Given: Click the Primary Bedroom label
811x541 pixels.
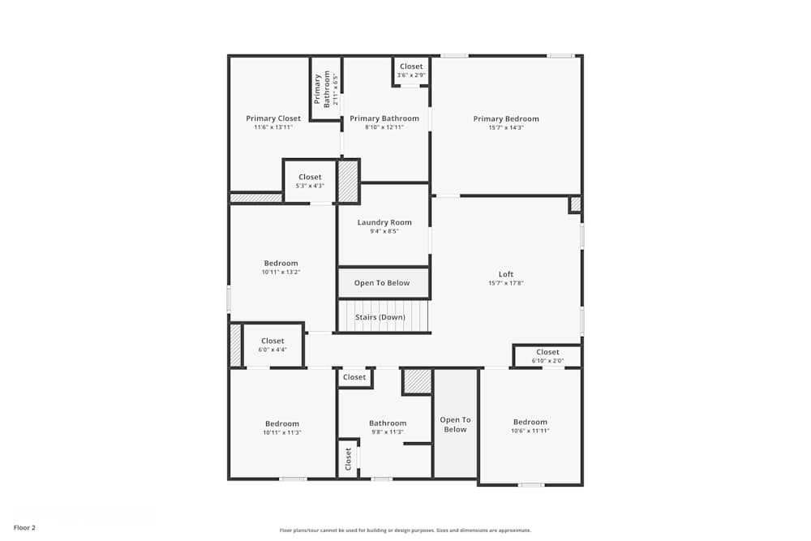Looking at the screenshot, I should point(506,119).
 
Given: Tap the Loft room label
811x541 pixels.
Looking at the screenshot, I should point(506,274).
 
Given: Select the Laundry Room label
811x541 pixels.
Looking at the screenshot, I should point(384,222).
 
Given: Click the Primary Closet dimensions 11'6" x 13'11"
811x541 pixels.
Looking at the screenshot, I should point(273,127).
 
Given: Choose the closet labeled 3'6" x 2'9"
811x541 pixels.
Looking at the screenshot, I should point(411,71).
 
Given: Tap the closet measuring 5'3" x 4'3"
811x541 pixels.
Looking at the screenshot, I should point(310,181).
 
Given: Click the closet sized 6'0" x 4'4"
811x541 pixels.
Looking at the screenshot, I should point(272,345).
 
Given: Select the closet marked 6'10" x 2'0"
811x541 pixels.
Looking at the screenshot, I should point(547,356).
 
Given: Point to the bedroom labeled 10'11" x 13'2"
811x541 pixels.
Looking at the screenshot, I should point(281,268).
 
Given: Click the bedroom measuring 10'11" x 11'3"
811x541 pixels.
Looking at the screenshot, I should point(282,427).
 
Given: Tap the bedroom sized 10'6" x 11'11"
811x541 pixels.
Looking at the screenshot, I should point(530,426).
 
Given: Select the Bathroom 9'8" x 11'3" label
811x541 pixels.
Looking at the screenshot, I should point(388,427).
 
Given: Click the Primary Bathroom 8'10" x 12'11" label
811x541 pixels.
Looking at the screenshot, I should point(384,122).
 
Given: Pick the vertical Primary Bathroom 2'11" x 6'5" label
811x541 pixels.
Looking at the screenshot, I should point(325,89).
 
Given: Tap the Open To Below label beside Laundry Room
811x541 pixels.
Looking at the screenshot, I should point(382,283).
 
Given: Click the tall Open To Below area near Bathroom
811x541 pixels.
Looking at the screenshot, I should point(455,424).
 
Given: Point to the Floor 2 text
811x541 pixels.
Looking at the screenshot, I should point(24,528).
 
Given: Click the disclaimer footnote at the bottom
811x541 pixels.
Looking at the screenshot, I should point(405,530).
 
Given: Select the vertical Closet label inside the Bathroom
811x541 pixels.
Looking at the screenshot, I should point(348,460).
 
